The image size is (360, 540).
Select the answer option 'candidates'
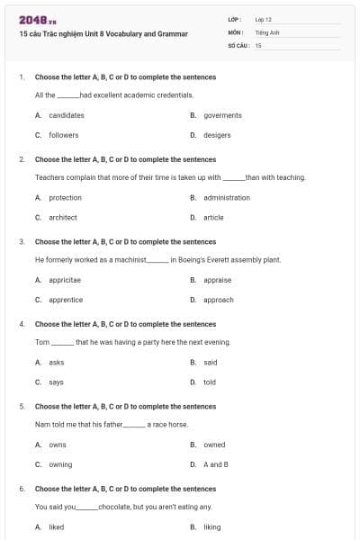point(66,115)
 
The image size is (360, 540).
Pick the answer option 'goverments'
point(222,115)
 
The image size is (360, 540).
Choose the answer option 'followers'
point(63,135)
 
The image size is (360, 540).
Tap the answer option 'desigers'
point(217,135)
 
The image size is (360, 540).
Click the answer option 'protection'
point(65,197)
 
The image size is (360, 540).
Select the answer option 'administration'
point(227,197)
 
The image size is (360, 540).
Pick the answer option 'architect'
point(62,217)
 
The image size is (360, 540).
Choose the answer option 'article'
point(213,217)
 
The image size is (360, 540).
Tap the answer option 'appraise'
point(217,280)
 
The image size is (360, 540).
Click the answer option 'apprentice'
point(66,300)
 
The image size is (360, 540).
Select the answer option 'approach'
point(218,300)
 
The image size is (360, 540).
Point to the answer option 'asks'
point(56,363)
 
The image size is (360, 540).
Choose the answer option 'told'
point(210,382)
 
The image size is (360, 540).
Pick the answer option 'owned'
point(214,445)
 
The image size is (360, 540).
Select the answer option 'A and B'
point(216,464)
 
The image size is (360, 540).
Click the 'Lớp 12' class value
point(263,19)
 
